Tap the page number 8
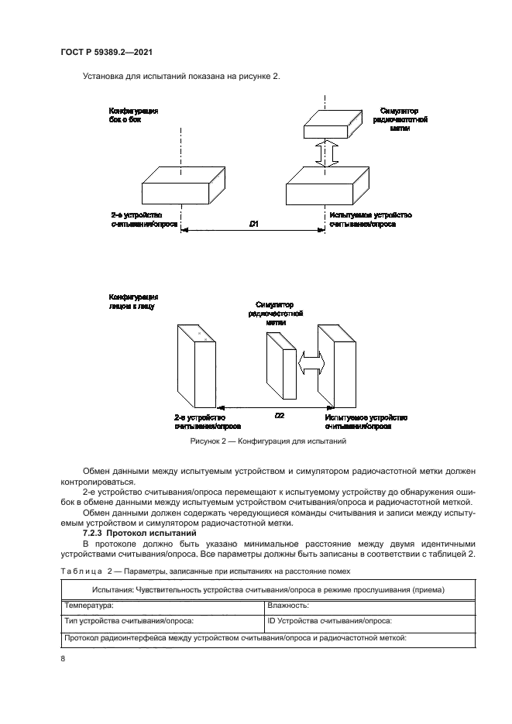click(x=63, y=658)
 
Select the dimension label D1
click(x=254, y=225)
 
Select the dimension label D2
click(x=280, y=415)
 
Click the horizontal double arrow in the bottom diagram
click(x=311, y=362)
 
